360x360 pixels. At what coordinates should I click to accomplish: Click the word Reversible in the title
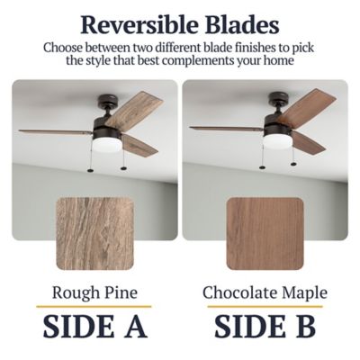(139, 24)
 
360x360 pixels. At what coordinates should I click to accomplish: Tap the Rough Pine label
(94, 292)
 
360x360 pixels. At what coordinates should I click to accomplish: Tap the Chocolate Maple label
(265, 292)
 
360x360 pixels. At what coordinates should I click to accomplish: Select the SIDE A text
(95, 326)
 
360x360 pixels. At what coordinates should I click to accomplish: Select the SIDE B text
(265, 326)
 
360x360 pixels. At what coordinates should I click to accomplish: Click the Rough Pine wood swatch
(94, 233)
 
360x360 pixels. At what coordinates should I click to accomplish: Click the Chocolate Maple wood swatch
(265, 233)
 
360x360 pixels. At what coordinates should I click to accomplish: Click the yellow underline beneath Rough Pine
(94, 307)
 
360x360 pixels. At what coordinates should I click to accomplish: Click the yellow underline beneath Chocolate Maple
(265, 307)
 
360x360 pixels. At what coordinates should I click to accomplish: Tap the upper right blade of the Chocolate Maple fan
(306, 106)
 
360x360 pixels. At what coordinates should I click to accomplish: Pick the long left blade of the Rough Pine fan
(56, 132)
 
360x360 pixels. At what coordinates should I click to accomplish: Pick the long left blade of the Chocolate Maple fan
(227, 129)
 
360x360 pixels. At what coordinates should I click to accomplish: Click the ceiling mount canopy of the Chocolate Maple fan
(278, 98)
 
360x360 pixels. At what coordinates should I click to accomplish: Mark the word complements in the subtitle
(198, 60)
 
